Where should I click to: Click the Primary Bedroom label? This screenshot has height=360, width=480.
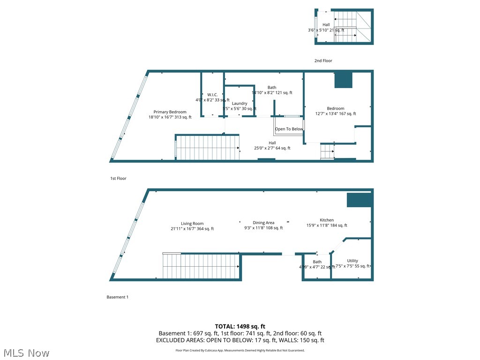[x=170, y=112]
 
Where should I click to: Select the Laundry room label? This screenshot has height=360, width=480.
[x=240, y=104]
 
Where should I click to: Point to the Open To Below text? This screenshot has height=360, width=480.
[x=289, y=129]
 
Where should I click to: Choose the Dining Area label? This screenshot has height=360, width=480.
[x=263, y=223]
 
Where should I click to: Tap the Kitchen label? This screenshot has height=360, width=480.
[x=327, y=220]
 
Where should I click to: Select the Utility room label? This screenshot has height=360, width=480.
[x=352, y=261]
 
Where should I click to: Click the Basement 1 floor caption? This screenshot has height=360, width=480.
[x=117, y=297]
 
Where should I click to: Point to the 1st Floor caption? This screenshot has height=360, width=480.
[x=118, y=179]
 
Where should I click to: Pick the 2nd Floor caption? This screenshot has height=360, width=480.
[x=323, y=61]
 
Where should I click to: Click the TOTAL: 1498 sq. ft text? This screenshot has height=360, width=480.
[x=240, y=326]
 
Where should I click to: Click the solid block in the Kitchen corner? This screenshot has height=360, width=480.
[x=360, y=200]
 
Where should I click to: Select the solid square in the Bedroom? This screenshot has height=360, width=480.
[x=343, y=80]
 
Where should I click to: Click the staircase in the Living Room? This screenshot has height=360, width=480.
[x=202, y=266]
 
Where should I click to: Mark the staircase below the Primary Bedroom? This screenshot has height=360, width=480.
[x=207, y=148]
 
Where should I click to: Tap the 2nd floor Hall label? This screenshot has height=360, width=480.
[x=326, y=25]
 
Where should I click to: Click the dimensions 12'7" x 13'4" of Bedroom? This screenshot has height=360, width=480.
[x=336, y=114]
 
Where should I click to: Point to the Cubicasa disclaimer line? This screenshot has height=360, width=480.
[x=240, y=350]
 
